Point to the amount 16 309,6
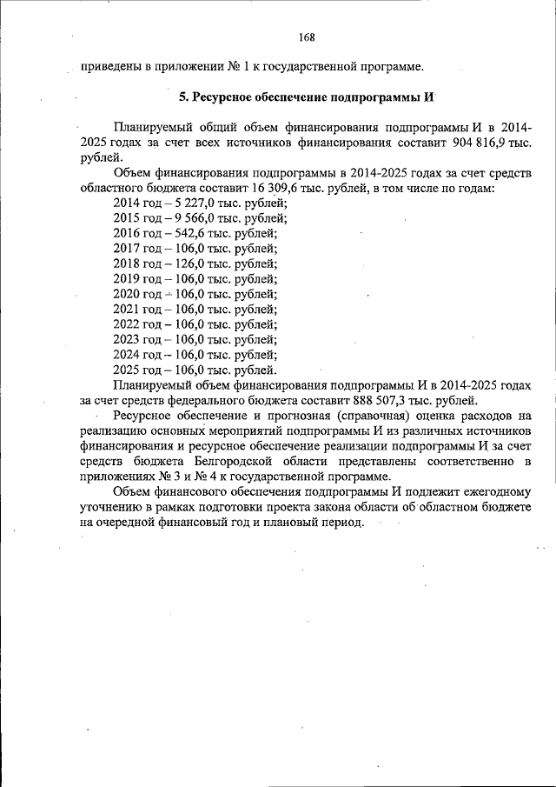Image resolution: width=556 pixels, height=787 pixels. (x=258, y=189)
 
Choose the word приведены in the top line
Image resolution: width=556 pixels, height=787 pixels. (x=109, y=65)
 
